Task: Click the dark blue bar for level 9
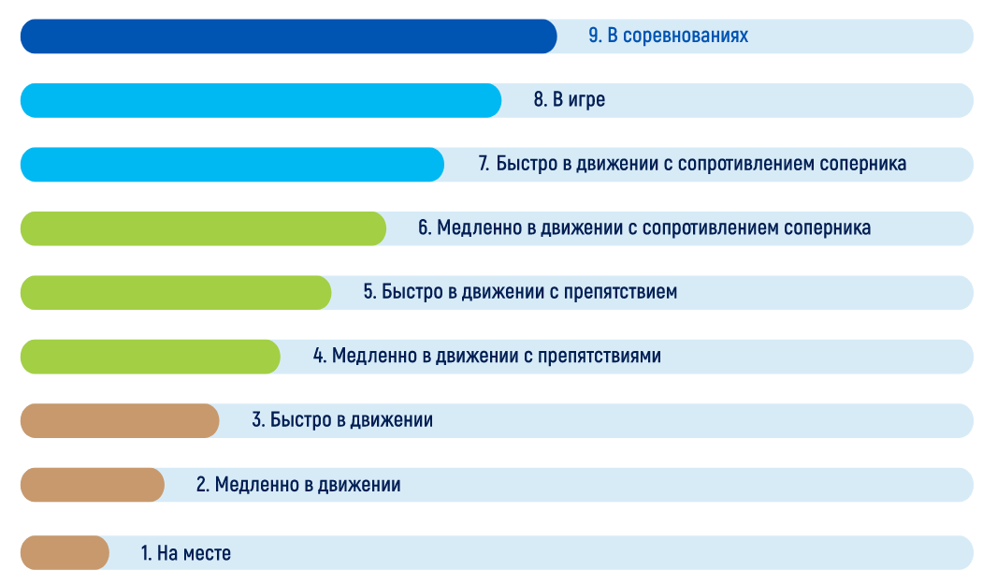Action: tap(289, 37)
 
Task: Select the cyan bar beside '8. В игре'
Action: tap(261, 100)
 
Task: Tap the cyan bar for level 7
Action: tap(232, 165)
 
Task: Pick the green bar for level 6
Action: tap(204, 228)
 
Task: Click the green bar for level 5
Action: tap(176, 293)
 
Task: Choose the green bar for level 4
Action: tap(150, 357)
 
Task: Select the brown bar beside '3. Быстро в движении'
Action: tap(120, 421)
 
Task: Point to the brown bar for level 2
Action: tap(93, 485)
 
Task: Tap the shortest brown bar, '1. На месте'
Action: tap(65, 552)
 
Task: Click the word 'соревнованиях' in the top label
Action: tap(686, 36)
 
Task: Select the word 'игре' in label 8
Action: tap(586, 100)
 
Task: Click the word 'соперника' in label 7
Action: tap(862, 164)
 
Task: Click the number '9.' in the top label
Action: tap(595, 36)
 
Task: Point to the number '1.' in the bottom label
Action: tap(146, 553)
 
